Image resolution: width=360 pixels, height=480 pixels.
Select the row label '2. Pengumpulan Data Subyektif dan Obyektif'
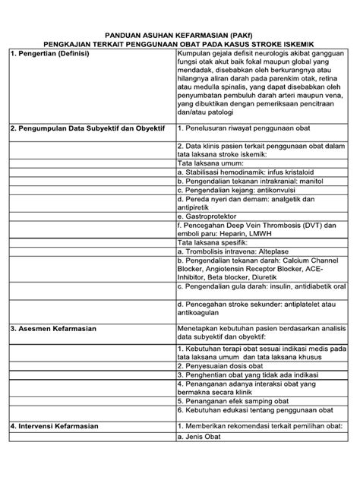pos(87,129)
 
